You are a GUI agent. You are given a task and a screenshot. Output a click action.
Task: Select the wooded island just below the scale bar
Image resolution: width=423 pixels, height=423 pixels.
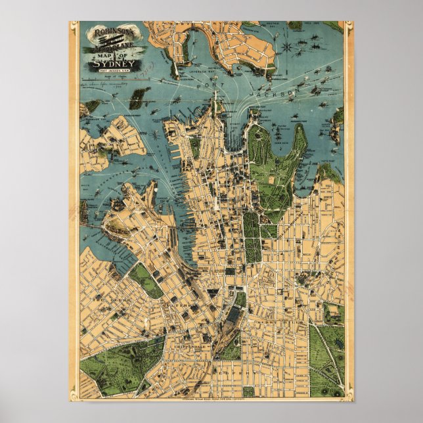click(137, 99)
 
